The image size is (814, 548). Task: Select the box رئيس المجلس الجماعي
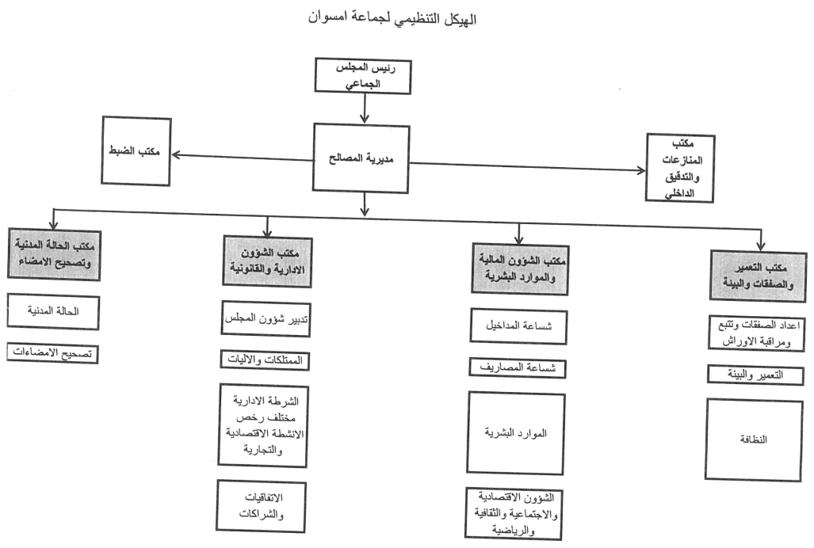coord(364,75)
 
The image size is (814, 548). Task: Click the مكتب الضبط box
coord(136,151)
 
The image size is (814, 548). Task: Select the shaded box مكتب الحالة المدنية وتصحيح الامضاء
coord(53,253)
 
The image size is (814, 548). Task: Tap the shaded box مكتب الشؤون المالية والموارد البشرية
coord(518,266)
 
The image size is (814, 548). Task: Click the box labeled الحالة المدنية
coord(54,311)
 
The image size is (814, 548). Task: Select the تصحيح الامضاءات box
coord(54,353)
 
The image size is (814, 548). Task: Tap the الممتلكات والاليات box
coord(264,361)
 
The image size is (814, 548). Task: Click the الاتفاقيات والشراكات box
coord(264,504)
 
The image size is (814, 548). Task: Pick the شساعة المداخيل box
coord(518,327)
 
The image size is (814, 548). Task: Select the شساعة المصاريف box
coord(518,367)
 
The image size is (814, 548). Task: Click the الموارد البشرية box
coord(518,434)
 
